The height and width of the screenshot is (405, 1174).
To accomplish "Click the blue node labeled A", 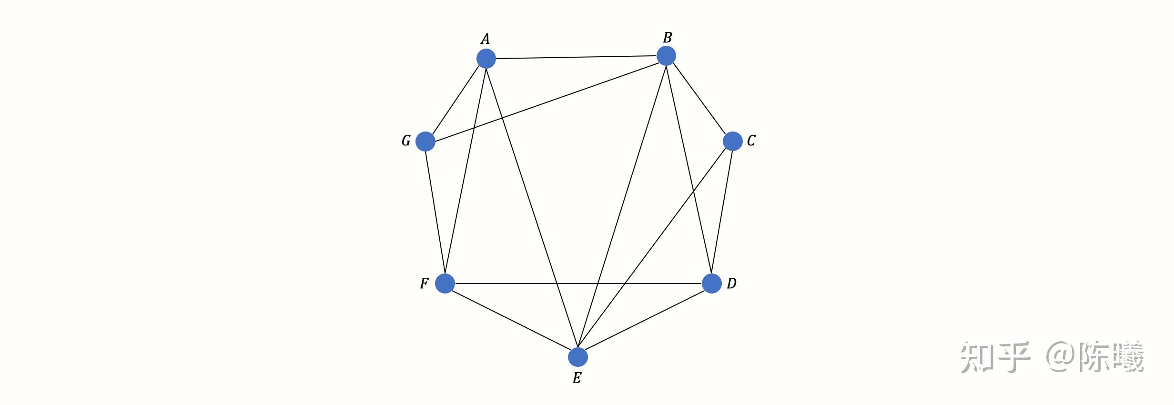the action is [x=486, y=59].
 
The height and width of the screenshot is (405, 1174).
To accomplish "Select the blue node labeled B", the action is [x=666, y=56].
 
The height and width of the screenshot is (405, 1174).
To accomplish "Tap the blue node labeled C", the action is [x=732, y=141].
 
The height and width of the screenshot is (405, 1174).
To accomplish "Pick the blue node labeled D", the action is [x=711, y=283].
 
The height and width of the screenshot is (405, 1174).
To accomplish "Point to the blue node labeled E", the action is [x=577, y=357].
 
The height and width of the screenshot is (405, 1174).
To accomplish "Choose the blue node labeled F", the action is [x=445, y=283].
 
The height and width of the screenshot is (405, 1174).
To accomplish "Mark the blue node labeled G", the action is [x=425, y=142].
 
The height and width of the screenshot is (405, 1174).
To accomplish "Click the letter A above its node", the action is [x=485, y=39].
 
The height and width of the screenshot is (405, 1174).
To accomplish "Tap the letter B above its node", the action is [x=667, y=37].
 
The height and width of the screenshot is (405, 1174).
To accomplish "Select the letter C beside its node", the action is [x=751, y=141].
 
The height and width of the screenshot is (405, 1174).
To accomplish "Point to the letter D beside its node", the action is [x=731, y=283].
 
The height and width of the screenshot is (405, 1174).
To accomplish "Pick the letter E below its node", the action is [x=577, y=378].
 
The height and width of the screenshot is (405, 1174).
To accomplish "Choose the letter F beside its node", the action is [x=424, y=283].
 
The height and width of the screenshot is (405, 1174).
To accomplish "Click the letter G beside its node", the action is [x=406, y=141].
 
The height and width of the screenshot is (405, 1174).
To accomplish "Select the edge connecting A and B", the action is [x=576, y=57].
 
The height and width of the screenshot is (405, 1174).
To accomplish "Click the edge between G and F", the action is [x=435, y=213].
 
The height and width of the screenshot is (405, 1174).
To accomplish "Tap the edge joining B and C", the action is [x=699, y=99].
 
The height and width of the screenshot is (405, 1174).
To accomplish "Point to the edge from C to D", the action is [x=722, y=213].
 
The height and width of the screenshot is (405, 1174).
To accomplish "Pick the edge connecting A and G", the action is [x=455, y=100].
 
